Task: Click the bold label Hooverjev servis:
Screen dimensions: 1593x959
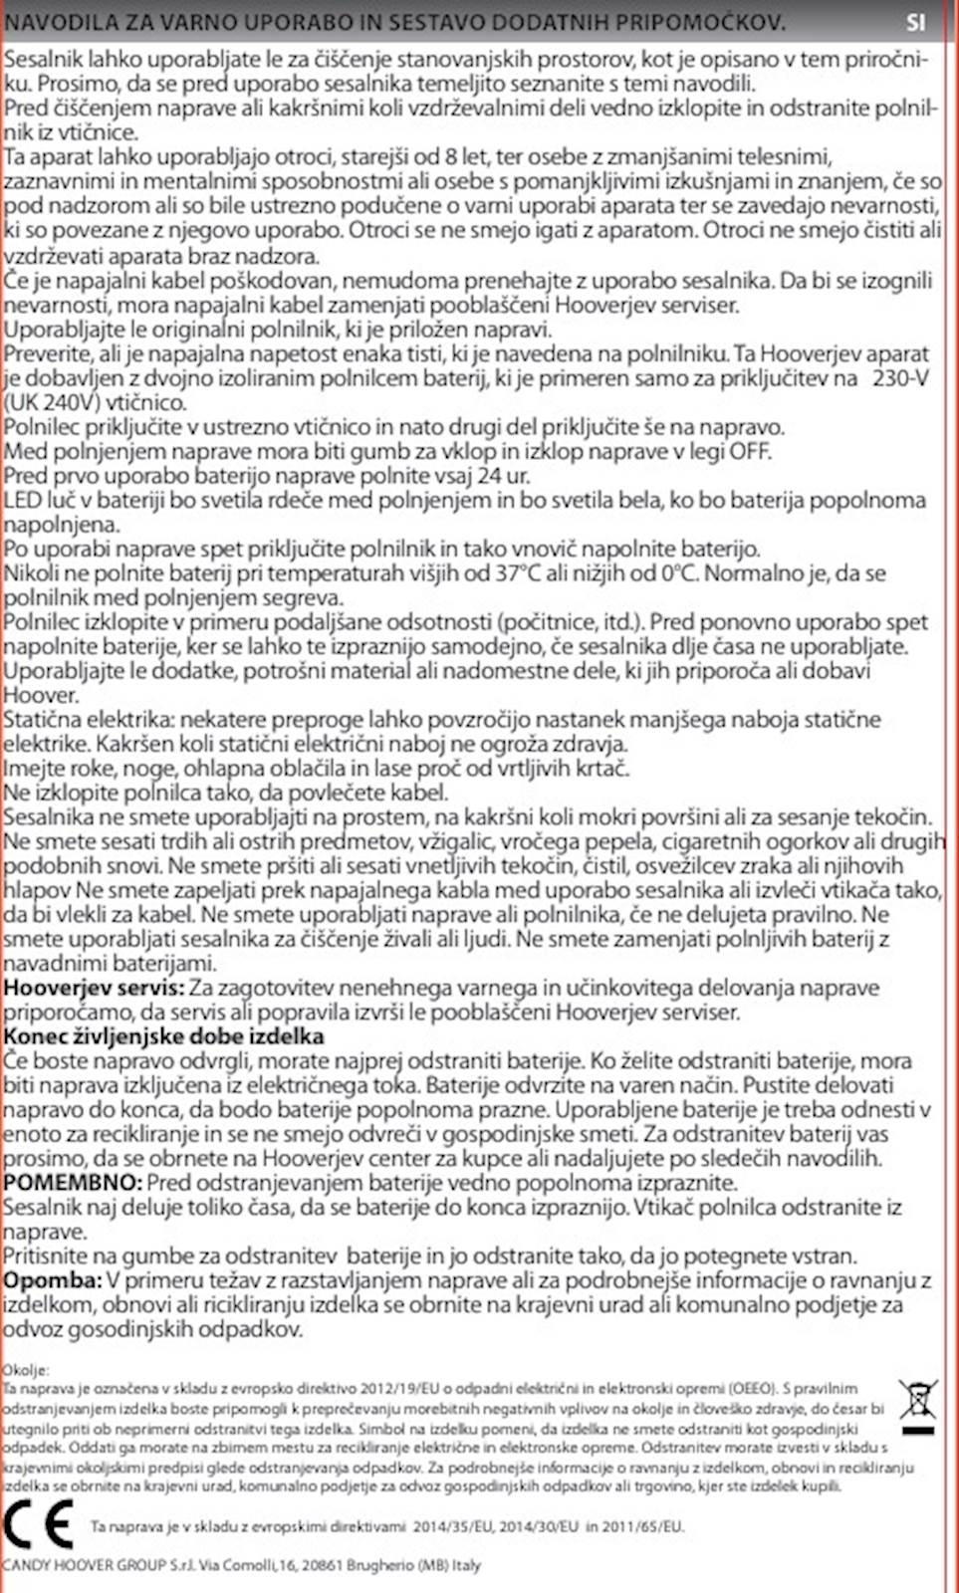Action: pos(94,988)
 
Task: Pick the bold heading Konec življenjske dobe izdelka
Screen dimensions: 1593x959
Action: pos(163,1036)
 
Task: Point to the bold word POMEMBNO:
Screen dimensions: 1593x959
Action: pos(73,1183)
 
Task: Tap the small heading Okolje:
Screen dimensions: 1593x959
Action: pos(25,1370)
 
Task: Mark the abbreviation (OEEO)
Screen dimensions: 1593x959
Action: pos(752,1388)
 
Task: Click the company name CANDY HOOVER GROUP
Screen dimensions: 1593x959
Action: pos(84,1565)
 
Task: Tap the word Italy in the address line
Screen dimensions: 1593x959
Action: pos(466,1565)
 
